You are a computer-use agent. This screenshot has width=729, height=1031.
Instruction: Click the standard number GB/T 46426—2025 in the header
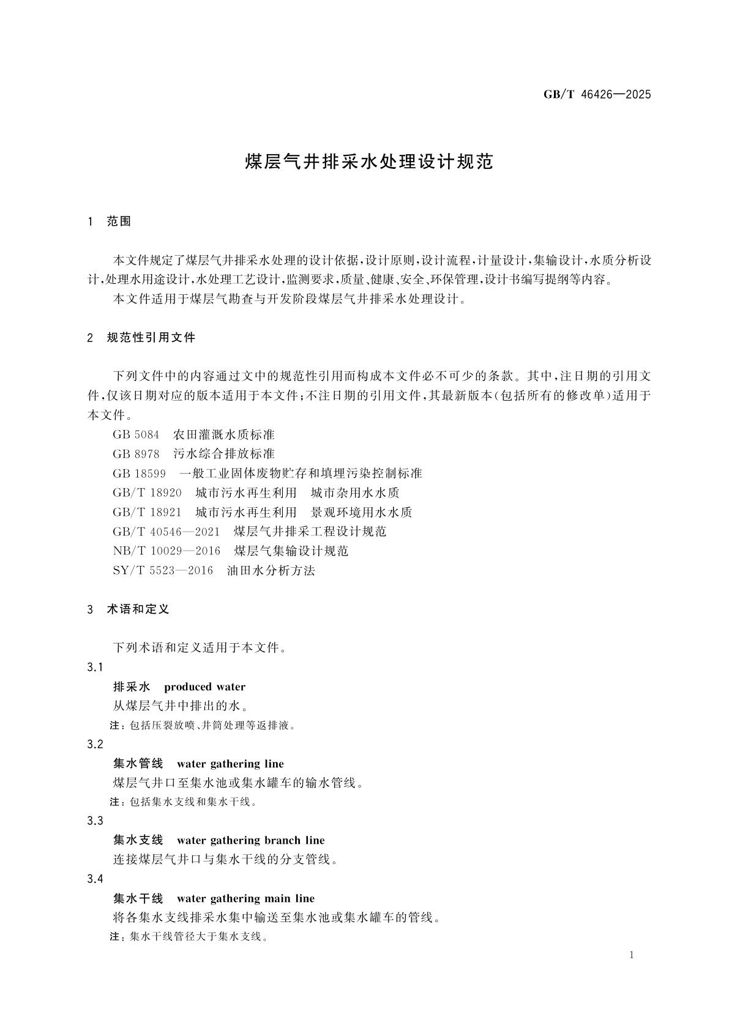(x=597, y=95)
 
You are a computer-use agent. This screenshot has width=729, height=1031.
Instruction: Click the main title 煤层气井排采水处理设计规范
(x=368, y=162)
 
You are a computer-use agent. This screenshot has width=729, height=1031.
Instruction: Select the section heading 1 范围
(x=110, y=221)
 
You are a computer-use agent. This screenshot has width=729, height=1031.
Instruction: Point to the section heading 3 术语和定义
(x=129, y=609)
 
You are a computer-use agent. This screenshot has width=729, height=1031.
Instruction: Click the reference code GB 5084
(x=136, y=434)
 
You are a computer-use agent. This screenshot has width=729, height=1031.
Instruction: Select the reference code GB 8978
(x=136, y=454)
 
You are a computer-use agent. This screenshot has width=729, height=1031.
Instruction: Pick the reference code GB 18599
(x=140, y=474)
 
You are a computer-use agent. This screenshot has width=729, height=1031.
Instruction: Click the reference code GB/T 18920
(x=148, y=493)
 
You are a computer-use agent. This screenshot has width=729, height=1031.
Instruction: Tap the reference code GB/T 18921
(x=148, y=512)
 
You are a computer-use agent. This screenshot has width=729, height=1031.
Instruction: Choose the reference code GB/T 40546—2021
(x=166, y=532)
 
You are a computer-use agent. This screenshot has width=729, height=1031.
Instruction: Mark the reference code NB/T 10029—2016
(x=167, y=551)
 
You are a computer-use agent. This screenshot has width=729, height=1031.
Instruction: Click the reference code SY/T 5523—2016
(x=163, y=571)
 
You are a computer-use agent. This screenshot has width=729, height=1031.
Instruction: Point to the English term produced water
(x=204, y=687)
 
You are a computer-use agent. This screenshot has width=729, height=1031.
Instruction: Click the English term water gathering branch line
(x=250, y=841)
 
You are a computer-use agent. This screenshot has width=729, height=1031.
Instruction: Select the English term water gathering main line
(x=245, y=899)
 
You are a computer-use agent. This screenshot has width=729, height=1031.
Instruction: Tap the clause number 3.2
(x=95, y=745)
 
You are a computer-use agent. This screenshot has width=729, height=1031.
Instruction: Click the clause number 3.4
(x=95, y=879)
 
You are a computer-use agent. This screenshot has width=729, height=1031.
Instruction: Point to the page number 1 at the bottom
(x=632, y=956)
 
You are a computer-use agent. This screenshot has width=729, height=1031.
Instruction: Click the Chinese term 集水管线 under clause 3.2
(x=138, y=764)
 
